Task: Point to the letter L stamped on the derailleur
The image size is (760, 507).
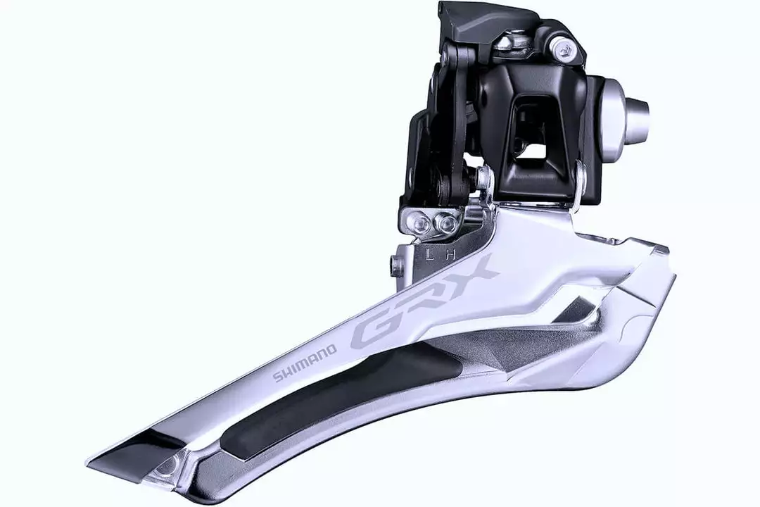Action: pyautogui.click(x=429, y=254)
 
